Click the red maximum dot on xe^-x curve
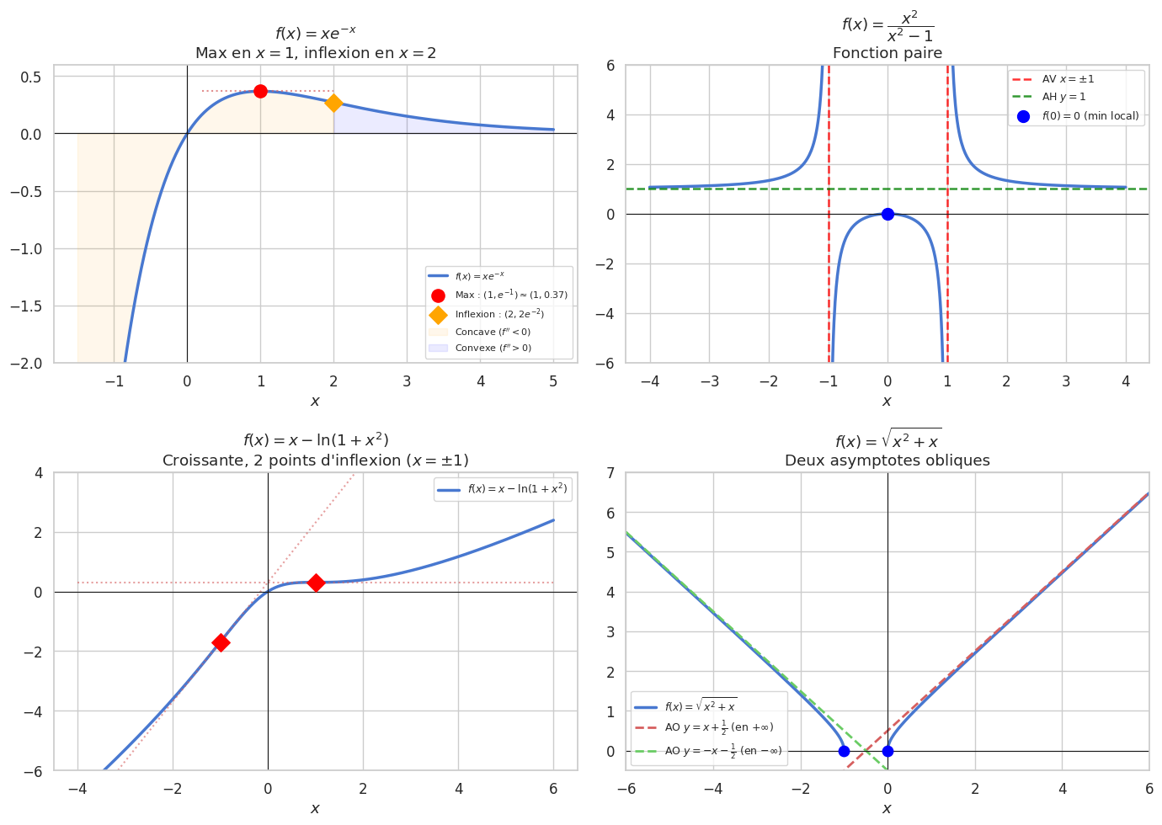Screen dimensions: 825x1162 (260, 91)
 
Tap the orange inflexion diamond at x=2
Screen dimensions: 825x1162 (334, 103)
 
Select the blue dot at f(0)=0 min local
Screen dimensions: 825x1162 (887, 214)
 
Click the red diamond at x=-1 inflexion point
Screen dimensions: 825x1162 (221, 642)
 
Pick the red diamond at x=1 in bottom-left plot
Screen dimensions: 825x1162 (316, 583)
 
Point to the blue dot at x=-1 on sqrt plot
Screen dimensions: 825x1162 (844, 751)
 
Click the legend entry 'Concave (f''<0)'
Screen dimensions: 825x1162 (493, 333)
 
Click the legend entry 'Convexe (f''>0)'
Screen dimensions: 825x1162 (493, 349)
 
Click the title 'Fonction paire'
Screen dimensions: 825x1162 (887, 53)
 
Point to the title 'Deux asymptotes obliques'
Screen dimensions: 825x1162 (887, 460)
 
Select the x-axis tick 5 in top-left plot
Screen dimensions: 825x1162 (553, 381)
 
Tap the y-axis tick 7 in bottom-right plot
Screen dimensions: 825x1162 (610, 472)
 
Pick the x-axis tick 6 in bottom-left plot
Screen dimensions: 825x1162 (553, 789)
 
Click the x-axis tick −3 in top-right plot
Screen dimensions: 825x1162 (709, 381)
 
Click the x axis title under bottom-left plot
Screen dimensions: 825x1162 (315, 809)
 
